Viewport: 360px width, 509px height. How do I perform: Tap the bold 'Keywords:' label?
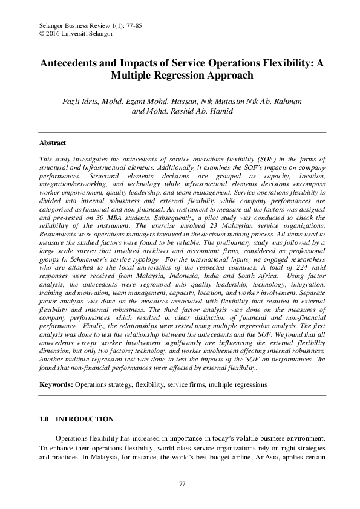point(56,384)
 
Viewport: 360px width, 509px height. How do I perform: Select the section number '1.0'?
point(44,418)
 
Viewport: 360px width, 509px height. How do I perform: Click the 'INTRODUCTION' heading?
point(84,418)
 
